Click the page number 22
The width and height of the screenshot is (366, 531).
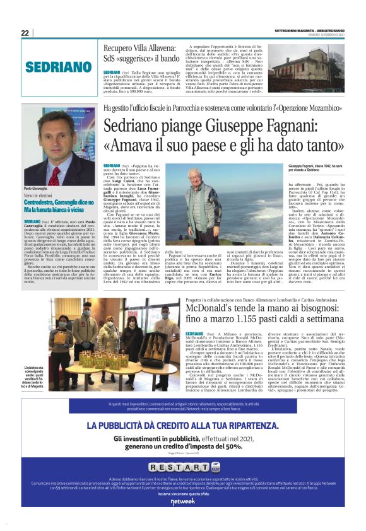click(25, 33)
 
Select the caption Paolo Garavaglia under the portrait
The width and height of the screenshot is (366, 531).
click(39, 189)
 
